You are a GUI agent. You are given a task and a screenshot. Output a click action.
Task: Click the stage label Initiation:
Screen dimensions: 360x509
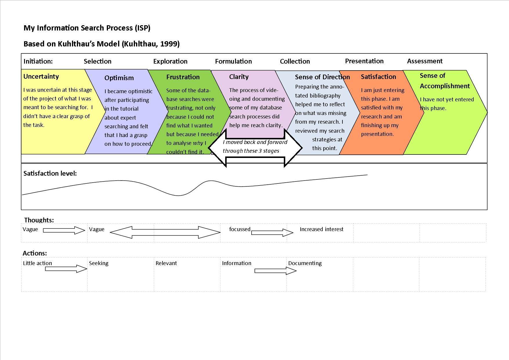pyautogui.click(x=38, y=61)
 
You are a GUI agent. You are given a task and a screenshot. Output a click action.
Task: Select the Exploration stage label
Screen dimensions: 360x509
pyautogui.click(x=170, y=61)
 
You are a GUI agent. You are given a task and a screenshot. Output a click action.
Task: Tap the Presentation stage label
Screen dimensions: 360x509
pyautogui.click(x=364, y=61)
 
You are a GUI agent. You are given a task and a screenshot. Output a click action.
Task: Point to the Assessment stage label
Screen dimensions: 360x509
pyautogui.click(x=425, y=61)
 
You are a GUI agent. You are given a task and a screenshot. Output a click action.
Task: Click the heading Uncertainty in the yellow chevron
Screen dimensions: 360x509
pyautogui.click(x=41, y=76)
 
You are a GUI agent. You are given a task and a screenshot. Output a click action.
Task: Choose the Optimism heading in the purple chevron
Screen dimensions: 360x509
pyautogui.click(x=119, y=78)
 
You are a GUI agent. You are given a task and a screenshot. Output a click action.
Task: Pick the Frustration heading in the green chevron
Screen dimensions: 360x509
pyautogui.click(x=183, y=77)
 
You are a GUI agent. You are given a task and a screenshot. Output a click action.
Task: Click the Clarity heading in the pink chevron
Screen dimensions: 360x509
pyautogui.click(x=239, y=77)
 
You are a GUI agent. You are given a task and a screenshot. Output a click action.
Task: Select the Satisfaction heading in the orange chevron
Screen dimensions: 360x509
pyautogui.click(x=378, y=77)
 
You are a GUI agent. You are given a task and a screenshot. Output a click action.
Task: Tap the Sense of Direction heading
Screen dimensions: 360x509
pyautogui.click(x=322, y=77)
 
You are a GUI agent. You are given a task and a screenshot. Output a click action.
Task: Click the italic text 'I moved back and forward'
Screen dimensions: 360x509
pyautogui.click(x=255, y=142)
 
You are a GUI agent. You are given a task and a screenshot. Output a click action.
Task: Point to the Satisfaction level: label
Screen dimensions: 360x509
pyautogui.click(x=50, y=173)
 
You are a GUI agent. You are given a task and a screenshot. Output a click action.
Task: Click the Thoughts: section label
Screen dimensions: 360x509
pyautogui.click(x=39, y=220)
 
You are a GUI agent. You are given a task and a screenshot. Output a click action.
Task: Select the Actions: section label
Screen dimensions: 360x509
pyautogui.click(x=35, y=253)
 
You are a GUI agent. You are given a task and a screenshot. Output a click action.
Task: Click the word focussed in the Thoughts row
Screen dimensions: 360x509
pyautogui.click(x=240, y=229)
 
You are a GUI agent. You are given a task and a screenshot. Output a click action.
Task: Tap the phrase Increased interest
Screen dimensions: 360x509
pyautogui.click(x=321, y=229)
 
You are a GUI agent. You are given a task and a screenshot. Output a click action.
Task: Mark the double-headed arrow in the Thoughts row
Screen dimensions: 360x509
pyautogui.click(x=165, y=232)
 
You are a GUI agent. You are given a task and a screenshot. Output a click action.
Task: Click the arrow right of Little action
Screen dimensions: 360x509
pyautogui.click(x=66, y=269)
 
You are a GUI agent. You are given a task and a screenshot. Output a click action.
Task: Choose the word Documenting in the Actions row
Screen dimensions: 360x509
pyautogui.click(x=305, y=263)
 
